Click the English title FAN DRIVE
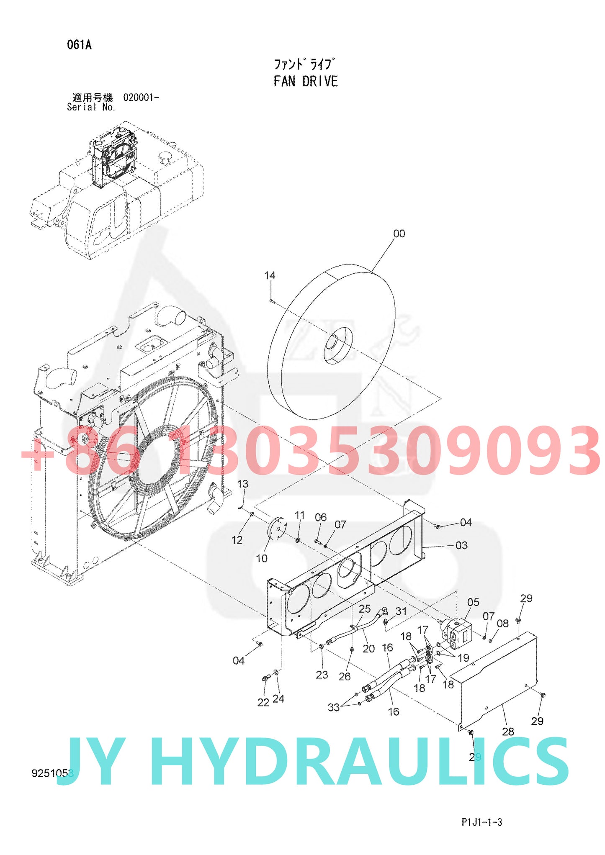[x=306, y=81]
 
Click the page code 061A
[x=79, y=45]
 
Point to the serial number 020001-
[x=141, y=98]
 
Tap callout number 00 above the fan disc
[x=399, y=234]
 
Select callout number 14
[x=270, y=276]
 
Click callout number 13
[x=242, y=484]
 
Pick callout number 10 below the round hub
[x=262, y=558]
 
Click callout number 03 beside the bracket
[x=461, y=545]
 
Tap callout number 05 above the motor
[x=473, y=602]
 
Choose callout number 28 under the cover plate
[x=508, y=732]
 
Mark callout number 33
[x=333, y=707]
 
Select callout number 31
[x=401, y=611]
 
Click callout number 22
[x=263, y=703]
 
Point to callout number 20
[x=368, y=649]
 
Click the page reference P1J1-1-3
[x=482, y=822]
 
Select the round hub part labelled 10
[x=276, y=529]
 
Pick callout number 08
[x=502, y=624]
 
